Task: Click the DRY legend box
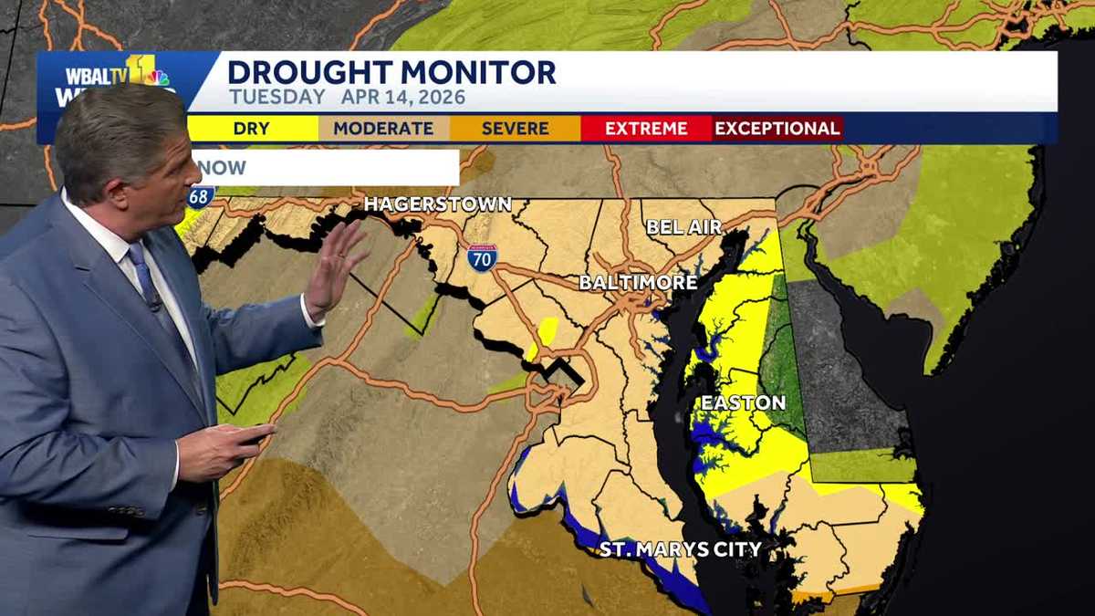tap(253, 129)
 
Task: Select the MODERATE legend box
tap(383, 129)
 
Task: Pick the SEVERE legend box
tap(515, 129)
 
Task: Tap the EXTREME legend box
tap(645, 129)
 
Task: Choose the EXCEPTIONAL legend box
tap(777, 129)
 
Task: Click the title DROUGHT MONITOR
tap(391, 71)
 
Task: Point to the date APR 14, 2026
tap(403, 97)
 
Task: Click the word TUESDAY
tap(277, 97)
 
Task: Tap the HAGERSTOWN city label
tap(437, 204)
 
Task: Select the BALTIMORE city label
tap(638, 282)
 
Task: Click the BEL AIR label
tap(683, 226)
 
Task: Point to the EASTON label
tap(743, 402)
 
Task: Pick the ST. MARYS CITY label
tap(680, 549)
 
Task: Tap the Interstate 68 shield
tap(202, 195)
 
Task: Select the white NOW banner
tap(325, 168)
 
